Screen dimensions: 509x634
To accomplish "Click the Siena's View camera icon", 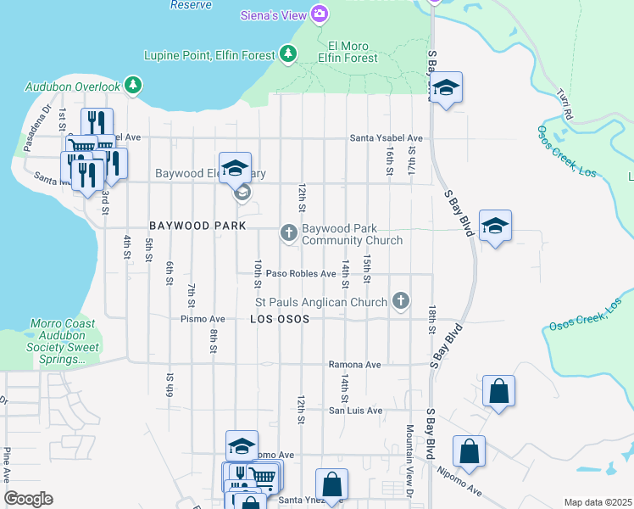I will tap(320, 13).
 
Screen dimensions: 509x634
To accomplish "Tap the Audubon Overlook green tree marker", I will tap(132, 86).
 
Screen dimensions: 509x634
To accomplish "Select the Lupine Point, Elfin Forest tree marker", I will tap(288, 55).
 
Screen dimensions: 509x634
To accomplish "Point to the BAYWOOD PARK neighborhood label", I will tap(197, 227).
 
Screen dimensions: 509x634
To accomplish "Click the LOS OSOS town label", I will tap(279, 320).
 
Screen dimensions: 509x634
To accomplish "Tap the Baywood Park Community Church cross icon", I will tap(288, 232).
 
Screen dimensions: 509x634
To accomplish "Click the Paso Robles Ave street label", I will tap(301, 274).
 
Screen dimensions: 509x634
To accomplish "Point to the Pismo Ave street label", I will tap(202, 319).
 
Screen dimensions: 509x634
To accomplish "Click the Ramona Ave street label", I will tap(354, 364).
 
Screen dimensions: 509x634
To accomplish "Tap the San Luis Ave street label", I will tap(355, 411).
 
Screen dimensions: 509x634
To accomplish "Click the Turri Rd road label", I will tap(566, 103).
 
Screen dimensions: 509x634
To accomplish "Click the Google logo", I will tap(28, 499).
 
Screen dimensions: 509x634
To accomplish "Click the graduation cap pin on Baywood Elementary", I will tap(236, 167).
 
